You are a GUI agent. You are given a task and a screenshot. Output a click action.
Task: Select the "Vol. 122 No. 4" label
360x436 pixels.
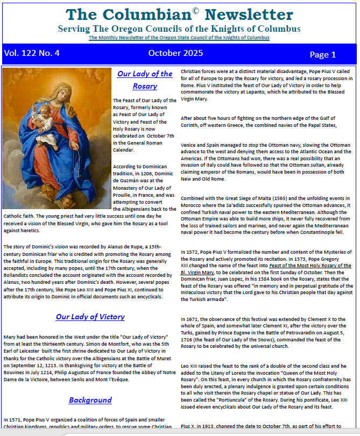coord(32,53)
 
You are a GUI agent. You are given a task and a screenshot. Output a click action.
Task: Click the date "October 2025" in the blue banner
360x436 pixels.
coord(175,53)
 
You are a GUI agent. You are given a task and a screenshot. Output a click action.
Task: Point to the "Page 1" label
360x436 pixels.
coord(323,54)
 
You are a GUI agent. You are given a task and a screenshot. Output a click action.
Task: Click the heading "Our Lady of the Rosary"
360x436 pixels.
coord(145,80)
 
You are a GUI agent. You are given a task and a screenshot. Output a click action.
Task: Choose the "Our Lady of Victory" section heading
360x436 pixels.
coord(90,317)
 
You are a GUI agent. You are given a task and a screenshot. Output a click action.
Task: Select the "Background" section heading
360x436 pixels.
coord(90,399)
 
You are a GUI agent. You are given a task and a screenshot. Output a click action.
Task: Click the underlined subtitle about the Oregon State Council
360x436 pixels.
coord(179,38)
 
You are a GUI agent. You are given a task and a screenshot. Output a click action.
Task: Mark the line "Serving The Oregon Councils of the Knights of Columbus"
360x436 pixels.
coord(179,28)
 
